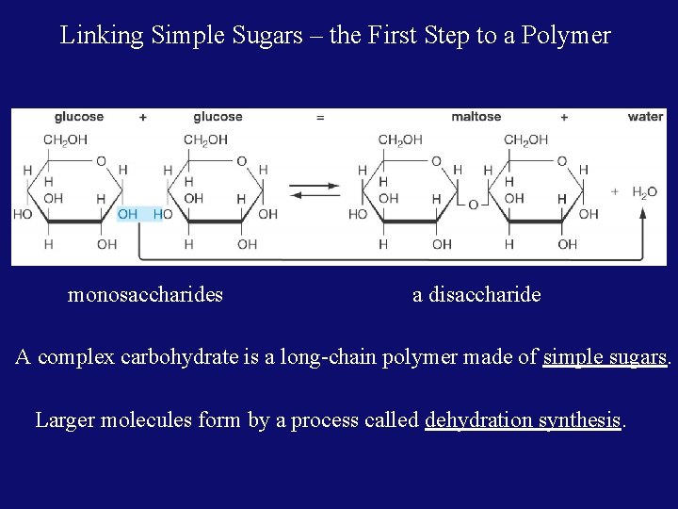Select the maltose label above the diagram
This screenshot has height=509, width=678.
coord(476,117)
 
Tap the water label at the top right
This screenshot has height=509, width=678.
coord(645,117)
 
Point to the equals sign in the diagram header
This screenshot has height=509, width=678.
coord(320,117)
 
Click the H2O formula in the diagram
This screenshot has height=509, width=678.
coord(644,192)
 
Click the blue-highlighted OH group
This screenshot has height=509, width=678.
coord(128,214)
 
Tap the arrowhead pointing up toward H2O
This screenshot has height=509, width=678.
coord(643,214)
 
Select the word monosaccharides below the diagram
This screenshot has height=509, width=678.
coord(145,295)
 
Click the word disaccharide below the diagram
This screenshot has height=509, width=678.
coord(484,295)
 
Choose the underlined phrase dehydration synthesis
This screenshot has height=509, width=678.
coord(523,419)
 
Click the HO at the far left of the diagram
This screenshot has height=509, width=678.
coord(23,214)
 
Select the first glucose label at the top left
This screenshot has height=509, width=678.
coord(79,117)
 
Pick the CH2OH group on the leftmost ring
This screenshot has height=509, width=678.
coord(65,140)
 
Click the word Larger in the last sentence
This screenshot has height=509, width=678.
coord(65,419)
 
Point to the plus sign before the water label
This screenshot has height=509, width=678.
coord(564,117)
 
